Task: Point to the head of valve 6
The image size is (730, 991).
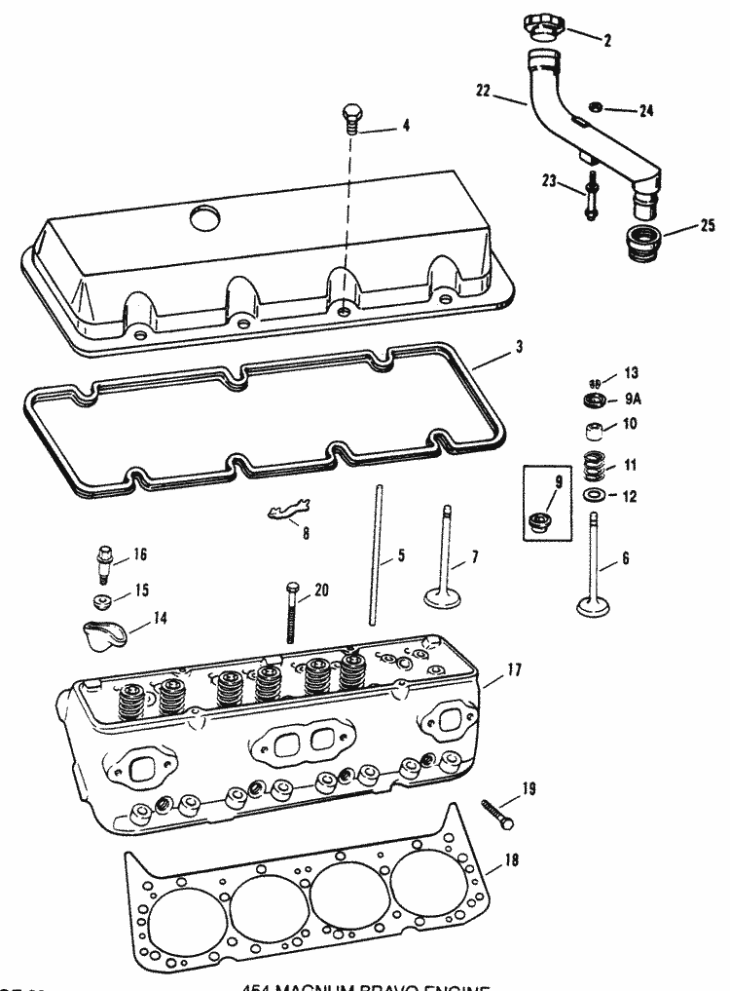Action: coord(595,605)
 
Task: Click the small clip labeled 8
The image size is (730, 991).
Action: coord(289,510)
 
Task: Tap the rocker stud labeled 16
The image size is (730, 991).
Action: coord(102,562)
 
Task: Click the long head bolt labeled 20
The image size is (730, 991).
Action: coord(291,614)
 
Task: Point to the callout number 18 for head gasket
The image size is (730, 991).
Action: coord(511,860)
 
